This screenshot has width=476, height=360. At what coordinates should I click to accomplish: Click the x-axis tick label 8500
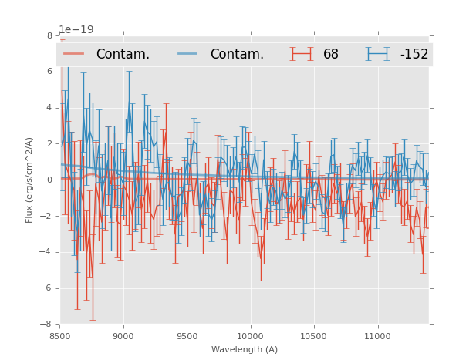[x=60, y=336]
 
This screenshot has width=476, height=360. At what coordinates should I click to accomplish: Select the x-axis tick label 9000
[x=123, y=336]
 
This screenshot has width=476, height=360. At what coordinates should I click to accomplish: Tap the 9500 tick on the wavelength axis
[x=187, y=336]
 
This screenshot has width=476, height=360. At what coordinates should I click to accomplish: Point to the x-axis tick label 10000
[x=250, y=336]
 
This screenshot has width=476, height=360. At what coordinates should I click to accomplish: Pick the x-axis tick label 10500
[x=314, y=336]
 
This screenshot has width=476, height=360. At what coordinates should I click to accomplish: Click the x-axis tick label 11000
[x=377, y=336]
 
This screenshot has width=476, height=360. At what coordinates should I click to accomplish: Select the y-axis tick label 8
[x=49, y=35]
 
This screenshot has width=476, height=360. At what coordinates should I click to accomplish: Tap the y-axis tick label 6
[x=49, y=72]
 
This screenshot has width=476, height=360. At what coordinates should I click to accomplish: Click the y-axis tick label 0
[x=49, y=180]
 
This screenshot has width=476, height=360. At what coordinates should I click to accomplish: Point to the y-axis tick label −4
[x=47, y=252]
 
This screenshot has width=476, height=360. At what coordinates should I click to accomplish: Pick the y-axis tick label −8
[x=47, y=325]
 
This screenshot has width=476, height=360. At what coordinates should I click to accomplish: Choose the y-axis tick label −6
[x=47, y=288]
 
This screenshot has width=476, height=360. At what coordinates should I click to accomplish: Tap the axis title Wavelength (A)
[x=245, y=350]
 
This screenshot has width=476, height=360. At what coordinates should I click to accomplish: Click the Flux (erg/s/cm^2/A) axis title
[x=29, y=180]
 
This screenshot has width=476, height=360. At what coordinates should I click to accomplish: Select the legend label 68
[x=331, y=55]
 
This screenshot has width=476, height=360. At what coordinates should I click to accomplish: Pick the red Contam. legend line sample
[x=75, y=54]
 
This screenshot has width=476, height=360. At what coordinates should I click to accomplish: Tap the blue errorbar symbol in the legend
[x=377, y=54]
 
